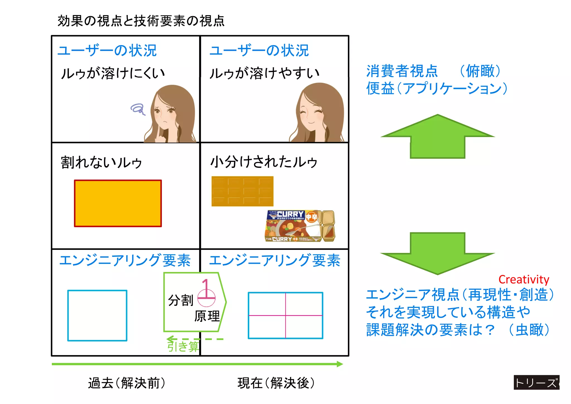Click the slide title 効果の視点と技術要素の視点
tap(141, 21)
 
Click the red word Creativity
tap(524, 279)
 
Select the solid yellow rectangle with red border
tap(118, 203)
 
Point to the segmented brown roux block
tap(242, 191)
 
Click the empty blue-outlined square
tap(97, 315)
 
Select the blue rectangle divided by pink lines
tap(285, 315)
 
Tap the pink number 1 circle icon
tap(206, 293)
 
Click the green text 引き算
tap(183, 346)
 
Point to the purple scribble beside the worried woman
tap(138, 109)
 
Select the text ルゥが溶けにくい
tap(113, 73)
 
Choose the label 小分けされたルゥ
tap(264, 162)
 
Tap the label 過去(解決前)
tap(127, 383)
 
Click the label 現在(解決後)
tap(276, 383)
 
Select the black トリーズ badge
tap(536, 383)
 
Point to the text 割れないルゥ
tap(101, 162)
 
